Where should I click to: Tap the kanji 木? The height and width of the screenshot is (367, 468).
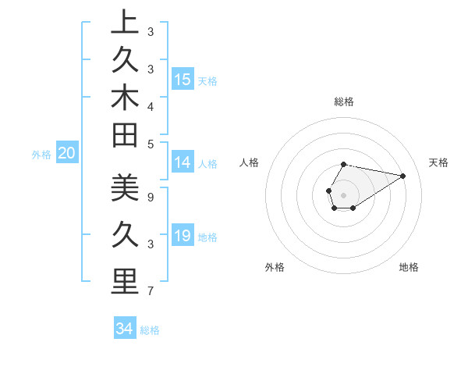[x=124, y=98]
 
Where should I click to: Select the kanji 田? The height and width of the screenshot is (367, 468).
[x=124, y=136]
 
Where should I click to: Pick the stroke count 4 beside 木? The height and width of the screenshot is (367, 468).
[x=150, y=105]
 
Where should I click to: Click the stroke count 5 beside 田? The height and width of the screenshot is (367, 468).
[x=150, y=144]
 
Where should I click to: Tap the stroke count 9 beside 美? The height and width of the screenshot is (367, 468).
[x=150, y=198]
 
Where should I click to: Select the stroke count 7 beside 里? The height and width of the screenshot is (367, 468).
[x=150, y=291]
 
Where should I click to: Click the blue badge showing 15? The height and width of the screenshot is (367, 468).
[x=183, y=79]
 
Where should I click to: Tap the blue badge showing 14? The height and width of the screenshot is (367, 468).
[x=183, y=162]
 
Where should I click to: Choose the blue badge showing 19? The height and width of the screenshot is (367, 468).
[x=183, y=236]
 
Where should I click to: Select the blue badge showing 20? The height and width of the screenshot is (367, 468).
[x=67, y=154]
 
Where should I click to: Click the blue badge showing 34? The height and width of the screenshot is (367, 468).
[x=124, y=329]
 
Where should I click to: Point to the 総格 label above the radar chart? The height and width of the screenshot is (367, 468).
[x=344, y=102]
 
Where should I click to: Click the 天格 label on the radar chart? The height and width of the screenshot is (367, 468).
[x=439, y=162]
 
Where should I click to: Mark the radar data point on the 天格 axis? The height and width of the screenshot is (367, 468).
[x=402, y=176]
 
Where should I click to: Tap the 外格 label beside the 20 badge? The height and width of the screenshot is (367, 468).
[x=41, y=155]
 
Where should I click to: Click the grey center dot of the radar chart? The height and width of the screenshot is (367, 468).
[x=344, y=194]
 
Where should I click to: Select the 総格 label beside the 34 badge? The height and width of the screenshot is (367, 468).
[x=150, y=330]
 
